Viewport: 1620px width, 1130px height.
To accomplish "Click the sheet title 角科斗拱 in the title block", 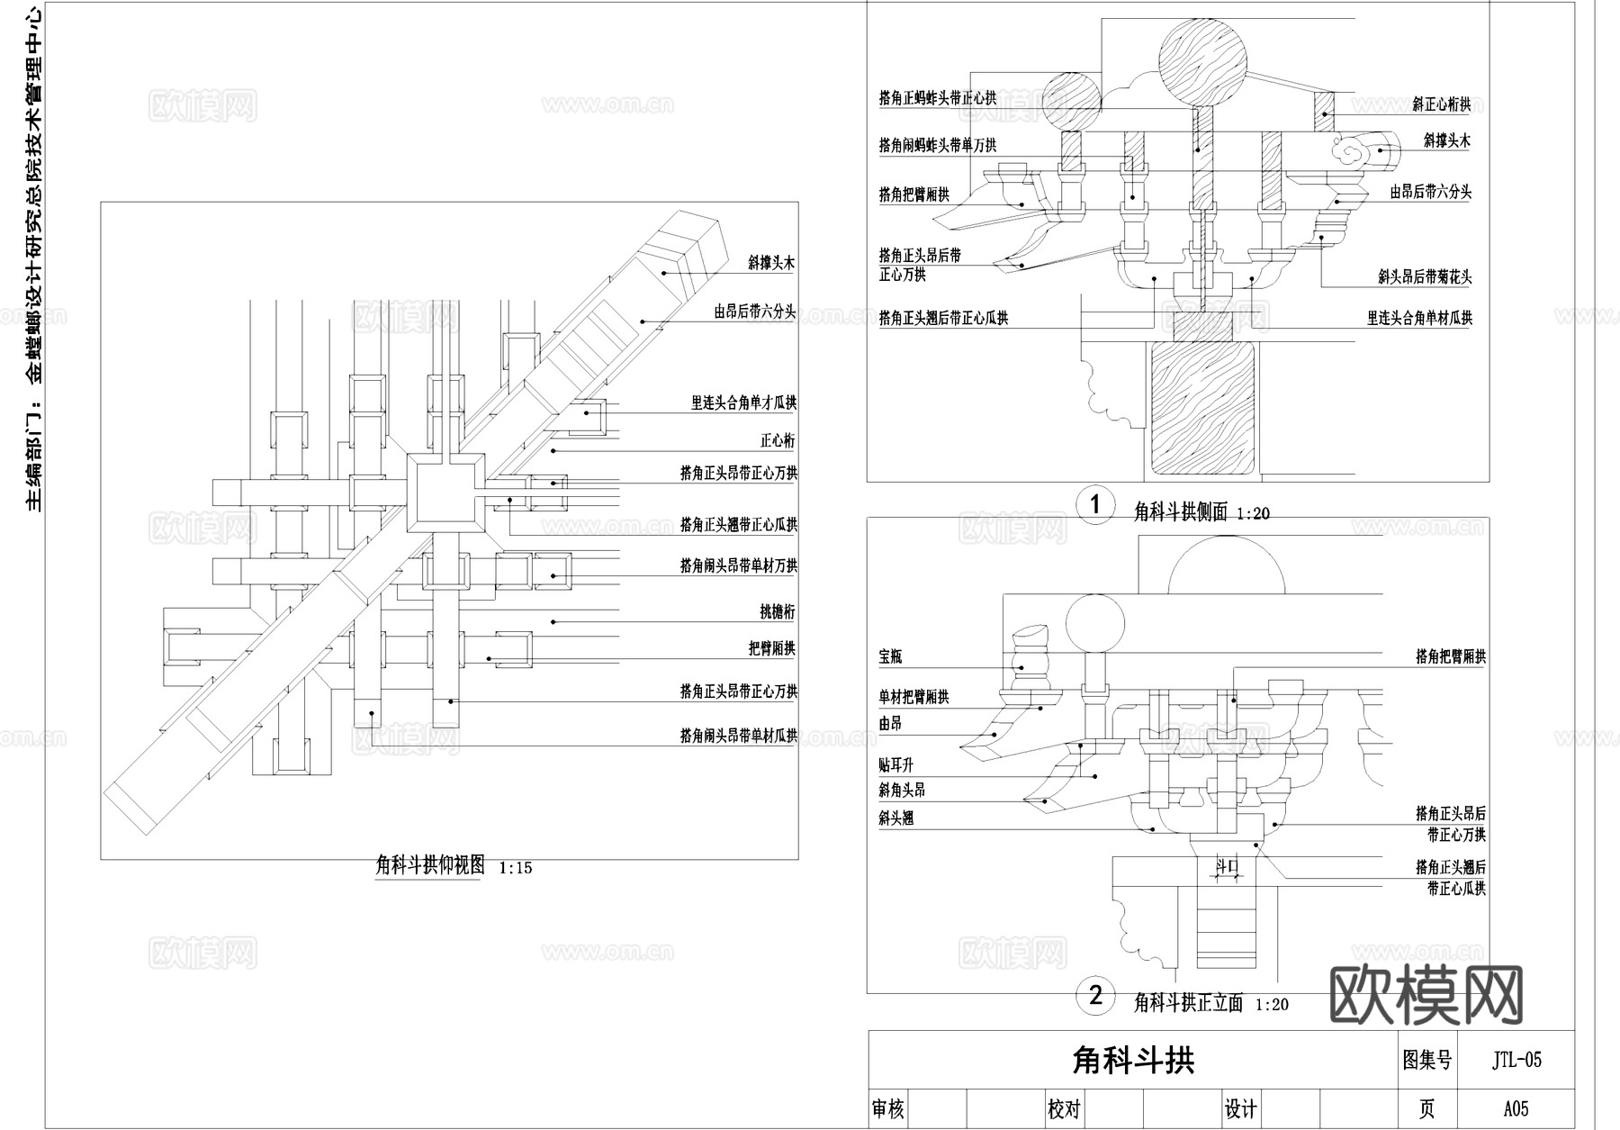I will (1133, 1060).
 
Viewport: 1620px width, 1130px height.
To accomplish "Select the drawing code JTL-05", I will (1516, 1060).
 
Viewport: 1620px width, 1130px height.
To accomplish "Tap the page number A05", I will (1516, 1108).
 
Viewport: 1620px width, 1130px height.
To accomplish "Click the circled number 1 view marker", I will (1095, 504).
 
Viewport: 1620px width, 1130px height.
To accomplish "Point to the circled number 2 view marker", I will (1095, 995).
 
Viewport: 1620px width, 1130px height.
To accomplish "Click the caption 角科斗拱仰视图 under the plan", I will (429, 865).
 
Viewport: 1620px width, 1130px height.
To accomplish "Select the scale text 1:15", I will (515, 868).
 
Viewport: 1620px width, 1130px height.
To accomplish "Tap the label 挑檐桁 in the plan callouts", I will (778, 612).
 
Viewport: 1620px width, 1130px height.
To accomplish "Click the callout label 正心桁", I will (778, 440).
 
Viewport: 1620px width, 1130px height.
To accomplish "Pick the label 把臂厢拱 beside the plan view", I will (771, 648).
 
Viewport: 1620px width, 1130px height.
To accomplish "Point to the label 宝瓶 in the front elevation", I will (890, 657).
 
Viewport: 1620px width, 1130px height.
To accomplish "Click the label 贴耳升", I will (896, 765).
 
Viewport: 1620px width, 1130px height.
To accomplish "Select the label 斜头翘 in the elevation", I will (896, 818).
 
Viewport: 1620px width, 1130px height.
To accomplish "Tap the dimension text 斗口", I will (1228, 866).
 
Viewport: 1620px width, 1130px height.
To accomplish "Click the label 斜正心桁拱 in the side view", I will (1441, 105).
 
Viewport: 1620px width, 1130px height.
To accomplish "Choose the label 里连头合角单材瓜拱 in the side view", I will (1419, 318).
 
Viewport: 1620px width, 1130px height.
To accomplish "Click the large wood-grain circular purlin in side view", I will (1202, 59).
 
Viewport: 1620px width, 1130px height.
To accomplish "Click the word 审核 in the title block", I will (888, 1108).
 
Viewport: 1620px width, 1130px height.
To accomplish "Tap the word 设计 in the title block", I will (1240, 1108).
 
